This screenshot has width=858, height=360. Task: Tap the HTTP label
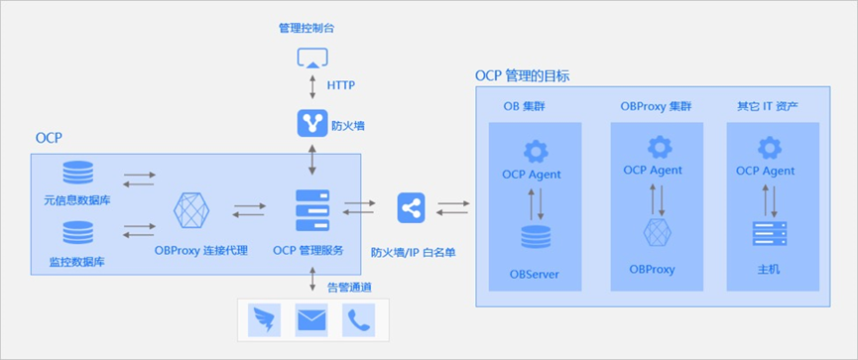[341, 85]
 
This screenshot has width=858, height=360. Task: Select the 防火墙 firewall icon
[312, 124]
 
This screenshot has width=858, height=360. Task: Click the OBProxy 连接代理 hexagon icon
[191, 210]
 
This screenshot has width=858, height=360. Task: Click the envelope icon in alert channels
[311, 319]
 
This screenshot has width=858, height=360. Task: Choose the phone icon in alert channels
[357, 319]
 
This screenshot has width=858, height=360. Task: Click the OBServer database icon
[536, 238]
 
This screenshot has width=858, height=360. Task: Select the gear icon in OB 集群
[536, 151]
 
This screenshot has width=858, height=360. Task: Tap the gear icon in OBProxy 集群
[659, 147]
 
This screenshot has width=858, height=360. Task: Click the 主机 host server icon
[770, 234]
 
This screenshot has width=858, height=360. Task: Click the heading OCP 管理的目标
[523, 75]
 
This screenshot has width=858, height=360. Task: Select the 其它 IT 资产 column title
[767, 105]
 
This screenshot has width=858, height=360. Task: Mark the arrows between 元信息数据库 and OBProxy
[139, 180]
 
